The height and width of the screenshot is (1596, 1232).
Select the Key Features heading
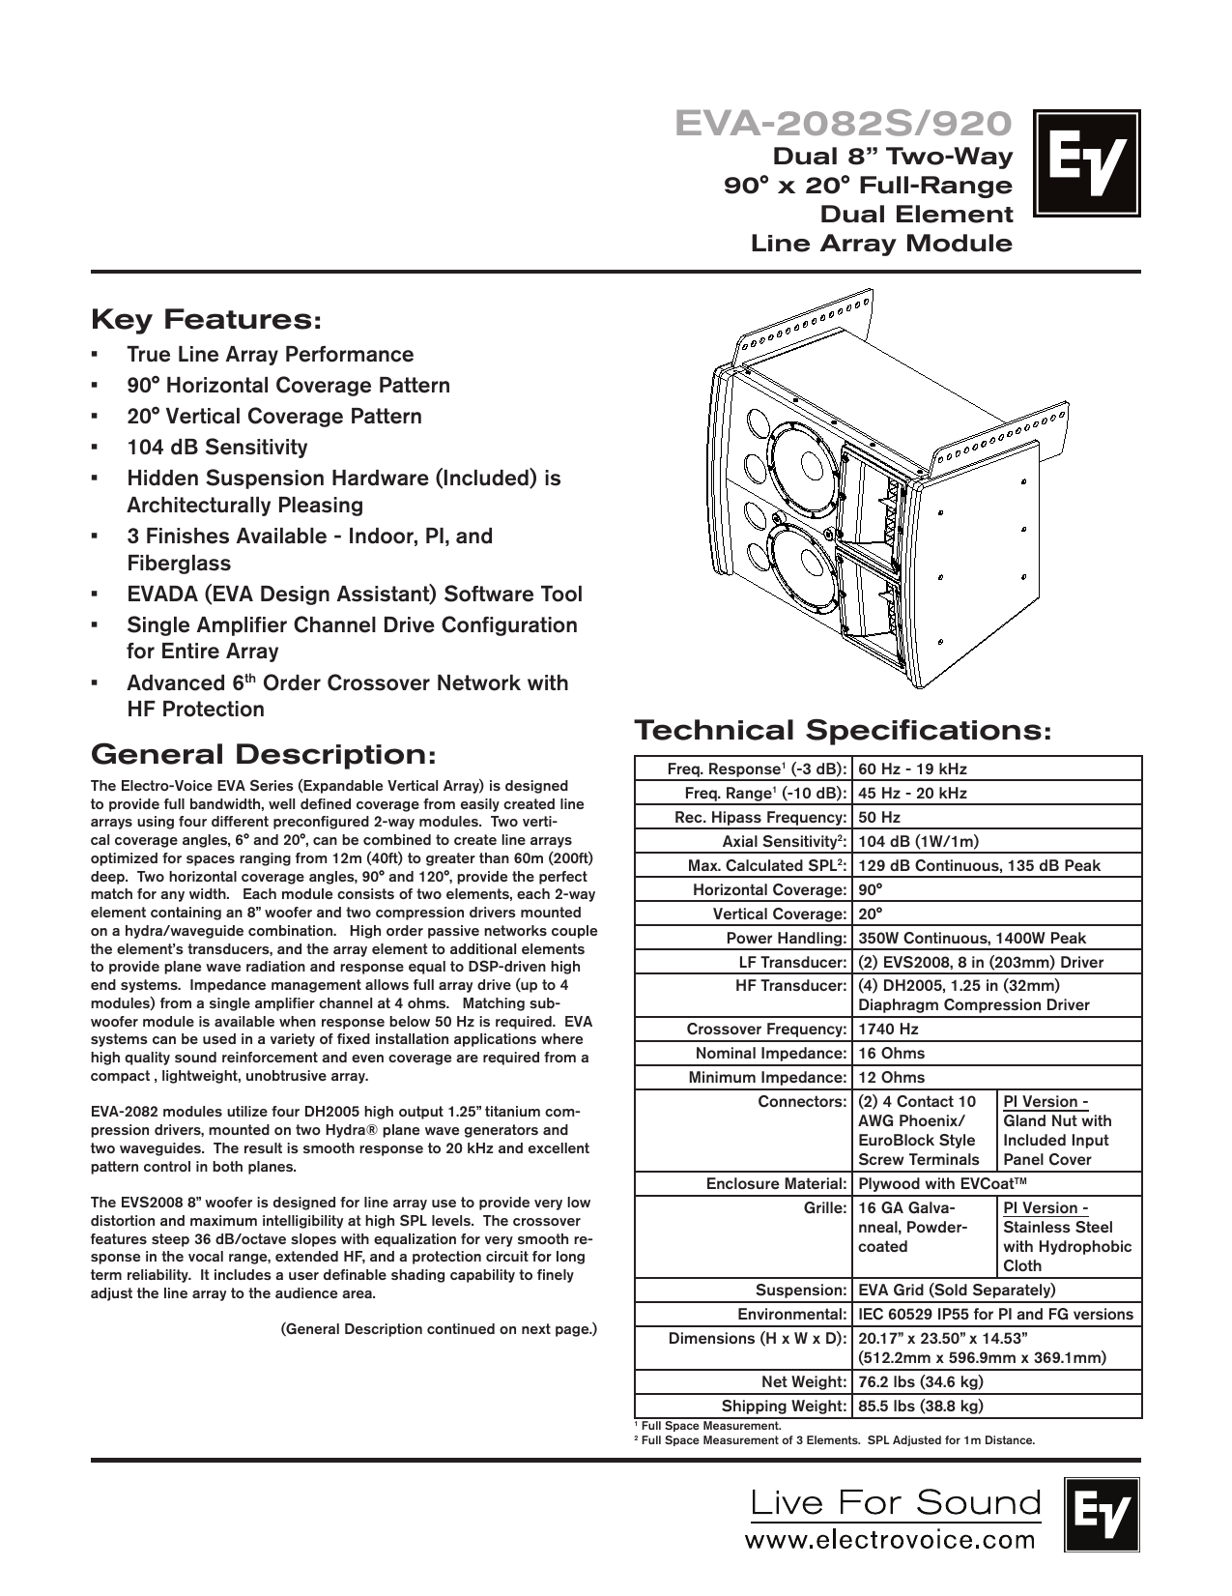206,319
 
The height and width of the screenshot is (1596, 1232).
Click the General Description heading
263,753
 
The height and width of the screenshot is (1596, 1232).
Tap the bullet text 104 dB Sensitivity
217,448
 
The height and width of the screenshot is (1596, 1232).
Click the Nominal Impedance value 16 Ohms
891,1054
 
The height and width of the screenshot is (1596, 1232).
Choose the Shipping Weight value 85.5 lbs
921,1407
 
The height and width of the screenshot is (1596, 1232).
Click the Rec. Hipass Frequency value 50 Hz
878,818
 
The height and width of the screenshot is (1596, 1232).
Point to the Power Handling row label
786,939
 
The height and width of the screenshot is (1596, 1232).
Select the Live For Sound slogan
896,1502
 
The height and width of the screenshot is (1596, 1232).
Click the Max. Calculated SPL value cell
979,866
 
